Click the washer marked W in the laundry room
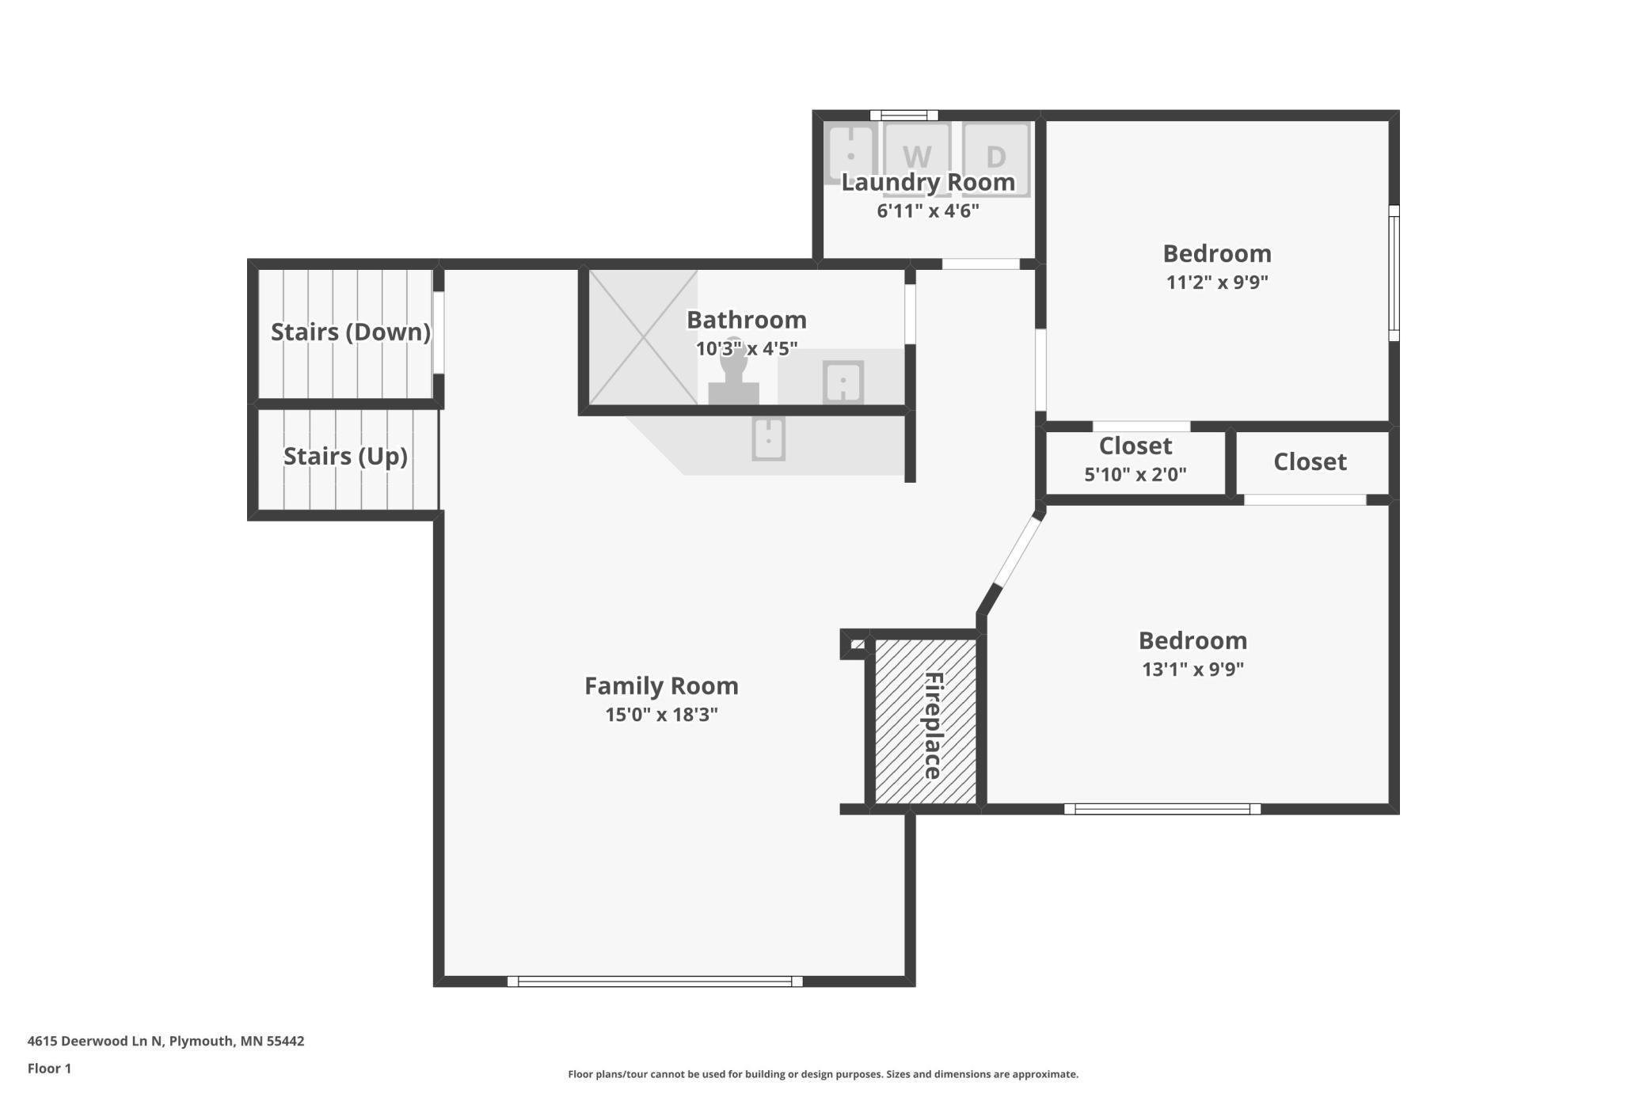tap(917, 159)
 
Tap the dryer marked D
tap(996, 159)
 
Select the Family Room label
tap(661, 685)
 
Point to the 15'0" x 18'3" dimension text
tap(661, 715)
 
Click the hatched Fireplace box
tap(926, 721)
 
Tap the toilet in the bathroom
tap(734, 376)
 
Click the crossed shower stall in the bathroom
tap(643, 337)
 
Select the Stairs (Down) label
tap(351, 332)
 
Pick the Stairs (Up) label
tap(345, 456)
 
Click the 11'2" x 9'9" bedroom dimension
tap(1217, 283)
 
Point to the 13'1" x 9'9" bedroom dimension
tap(1192, 670)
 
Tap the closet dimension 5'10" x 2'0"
tap(1135, 475)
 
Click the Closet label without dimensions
tap(1310, 461)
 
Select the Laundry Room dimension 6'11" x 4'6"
tap(928, 211)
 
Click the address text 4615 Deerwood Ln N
tap(94, 1041)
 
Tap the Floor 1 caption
tap(49, 1069)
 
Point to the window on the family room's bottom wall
tap(655, 981)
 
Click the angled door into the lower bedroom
tap(1018, 550)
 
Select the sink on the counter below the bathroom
tap(768, 438)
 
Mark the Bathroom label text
tap(746, 320)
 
